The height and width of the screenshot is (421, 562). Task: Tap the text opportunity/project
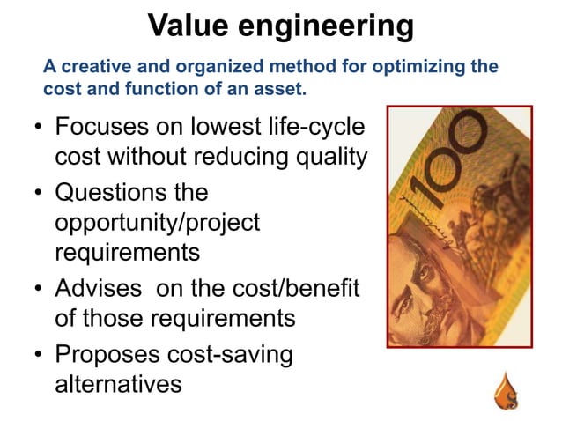pos(158,223)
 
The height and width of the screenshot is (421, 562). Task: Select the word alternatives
pos(119,385)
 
